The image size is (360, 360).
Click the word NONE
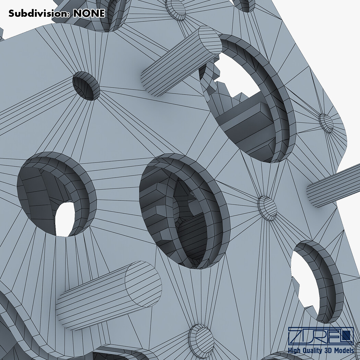[89, 13]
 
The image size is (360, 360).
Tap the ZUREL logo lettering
[321, 336]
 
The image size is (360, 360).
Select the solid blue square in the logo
[349, 334]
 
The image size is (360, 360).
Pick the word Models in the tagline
[344, 350]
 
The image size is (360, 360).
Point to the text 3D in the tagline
[328, 350]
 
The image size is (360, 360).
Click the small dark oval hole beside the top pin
[86, 86]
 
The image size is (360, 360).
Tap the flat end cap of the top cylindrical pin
[210, 40]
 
